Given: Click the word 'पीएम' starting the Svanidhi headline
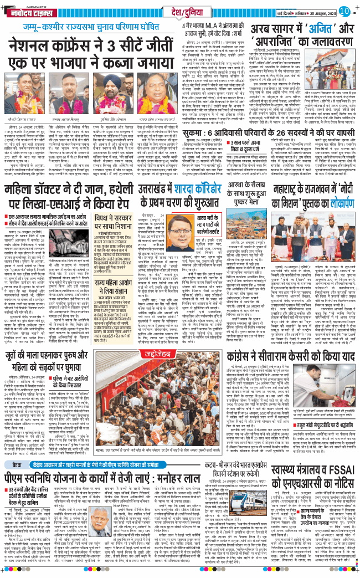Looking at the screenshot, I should point(18,477).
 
